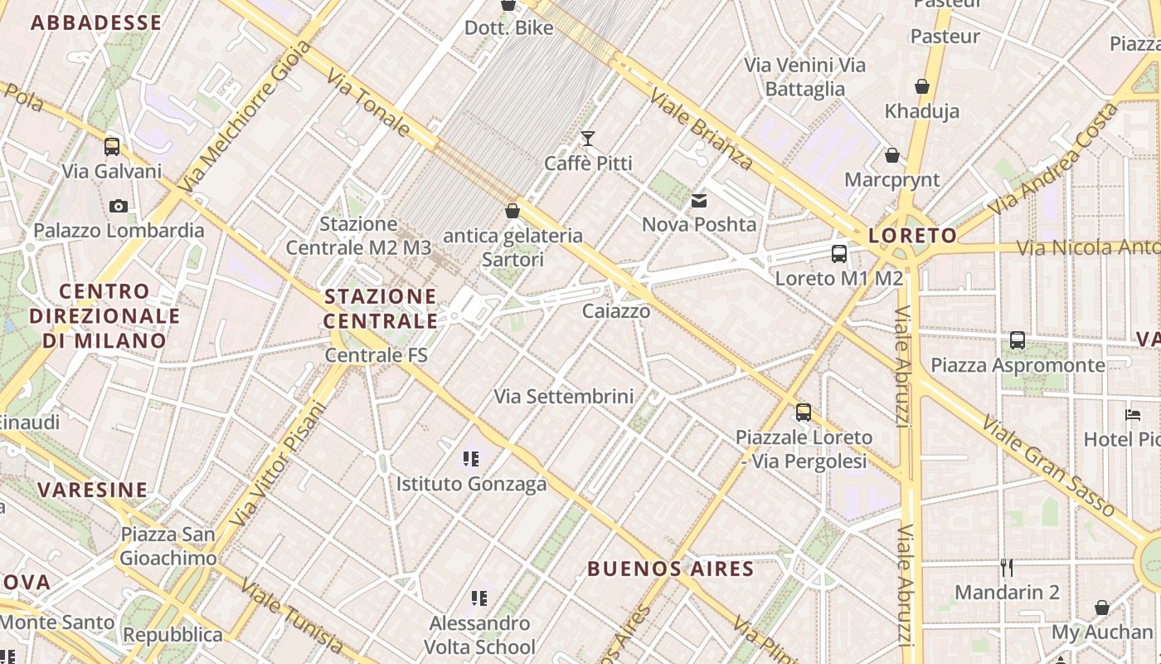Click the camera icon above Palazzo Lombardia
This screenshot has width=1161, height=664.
pyautogui.click(x=119, y=206)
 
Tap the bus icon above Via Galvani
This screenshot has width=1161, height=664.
pyautogui.click(x=112, y=147)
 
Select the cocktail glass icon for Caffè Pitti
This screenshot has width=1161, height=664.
pyautogui.click(x=588, y=139)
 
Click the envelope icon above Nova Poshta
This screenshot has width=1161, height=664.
pyautogui.click(x=699, y=200)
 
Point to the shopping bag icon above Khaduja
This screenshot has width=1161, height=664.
pyautogui.click(x=921, y=86)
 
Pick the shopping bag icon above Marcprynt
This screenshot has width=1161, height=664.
pyautogui.click(x=892, y=155)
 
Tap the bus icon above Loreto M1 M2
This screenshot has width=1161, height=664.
pyautogui.click(x=839, y=254)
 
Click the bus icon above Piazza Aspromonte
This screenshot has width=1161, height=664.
pyautogui.click(x=1018, y=340)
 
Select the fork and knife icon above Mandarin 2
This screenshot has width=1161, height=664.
pyautogui.click(x=1007, y=568)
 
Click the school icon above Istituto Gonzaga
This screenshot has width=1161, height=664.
pyautogui.click(x=471, y=459)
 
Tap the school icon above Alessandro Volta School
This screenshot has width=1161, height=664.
pyautogui.click(x=478, y=598)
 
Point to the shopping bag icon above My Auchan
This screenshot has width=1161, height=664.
pyautogui.click(x=1102, y=608)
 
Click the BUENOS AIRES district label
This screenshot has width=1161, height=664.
pyautogui.click(x=670, y=569)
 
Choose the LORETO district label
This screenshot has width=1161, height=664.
pyautogui.click(x=913, y=236)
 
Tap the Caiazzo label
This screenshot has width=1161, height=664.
pyautogui.click(x=616, y=311)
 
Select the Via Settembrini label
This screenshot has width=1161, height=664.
pyautogui.click(x=564, y=397)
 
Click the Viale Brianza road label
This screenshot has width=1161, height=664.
pyautogui.click(x=702, y=129)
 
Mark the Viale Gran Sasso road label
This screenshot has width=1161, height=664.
pyautogui.click(x=1050, y=465)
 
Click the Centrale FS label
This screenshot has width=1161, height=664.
pyautogui.click(x=376, y=355)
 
